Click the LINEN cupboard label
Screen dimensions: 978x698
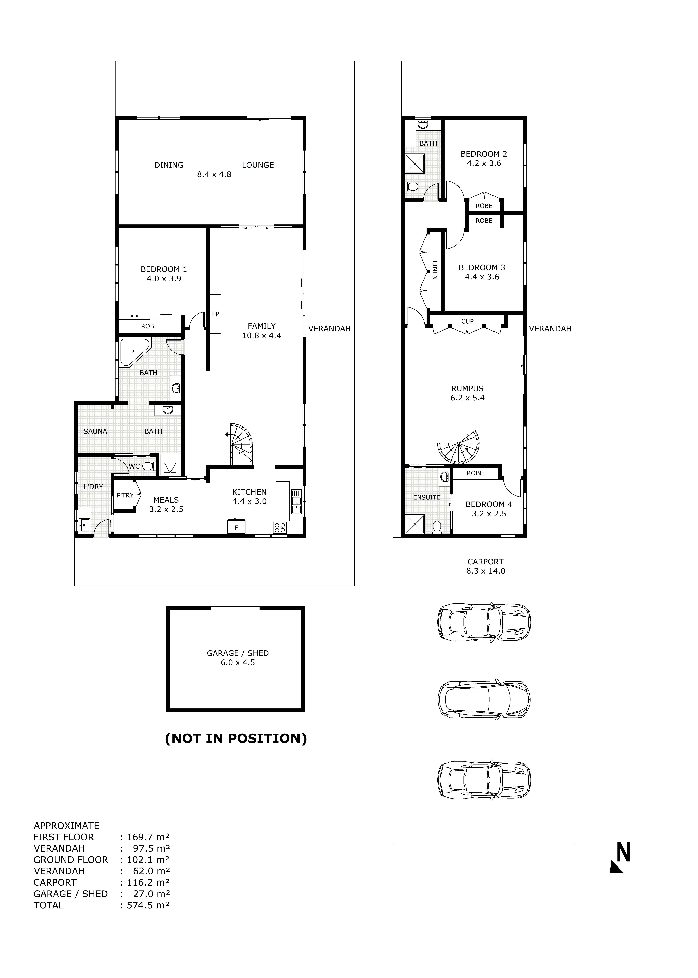click(x=435, y=270)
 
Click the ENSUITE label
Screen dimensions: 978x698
click(x=426, y=497)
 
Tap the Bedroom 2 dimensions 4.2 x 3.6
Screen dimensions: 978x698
click(x=484, y=163)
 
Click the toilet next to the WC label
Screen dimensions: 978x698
click(x=148, y=466)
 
